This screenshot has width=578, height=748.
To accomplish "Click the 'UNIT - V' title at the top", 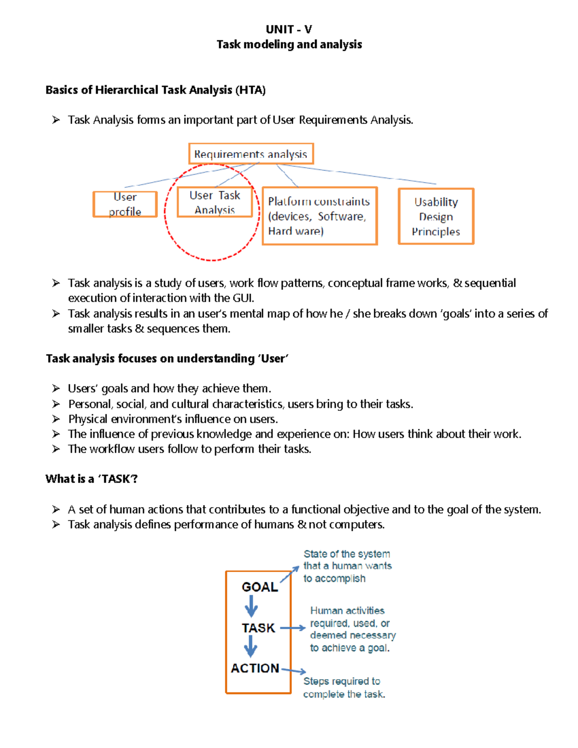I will pyautogui.click(x=289, y=29).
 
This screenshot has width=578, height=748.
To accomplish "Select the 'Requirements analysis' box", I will pyautogui.click(x=251, y=154).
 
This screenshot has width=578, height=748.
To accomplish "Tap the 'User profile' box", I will pyautogui.click(x=125, y=204).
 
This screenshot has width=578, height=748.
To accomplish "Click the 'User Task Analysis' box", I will pyautogui.click(x=215, y=202).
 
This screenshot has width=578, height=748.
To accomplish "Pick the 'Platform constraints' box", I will pyautogui.click(x=319, y=216).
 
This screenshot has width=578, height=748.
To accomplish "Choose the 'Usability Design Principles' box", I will pyautogui.click(x=436, y=216).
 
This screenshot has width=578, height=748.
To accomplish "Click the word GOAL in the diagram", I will pyautogui.click(x=260, y=587).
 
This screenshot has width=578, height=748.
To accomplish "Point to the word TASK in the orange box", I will pyautogui.click(x=259, y=628).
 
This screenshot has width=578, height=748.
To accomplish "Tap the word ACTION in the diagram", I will pyautogui.click(x=255, y=668).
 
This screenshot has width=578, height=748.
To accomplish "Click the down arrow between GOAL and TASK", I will pyautogui.click(x=251, y=606).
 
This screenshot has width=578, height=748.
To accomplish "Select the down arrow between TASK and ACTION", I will pyautogui.click(x=250, y=647).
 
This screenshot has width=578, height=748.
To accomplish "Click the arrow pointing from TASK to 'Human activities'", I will pyautogui.click(x=293, y=628).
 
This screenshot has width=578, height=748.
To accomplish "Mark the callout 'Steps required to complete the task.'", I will pyautogui.click(x=344, y=688).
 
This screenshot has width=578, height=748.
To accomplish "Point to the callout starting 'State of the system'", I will pyautogui.click(x=347, y=566).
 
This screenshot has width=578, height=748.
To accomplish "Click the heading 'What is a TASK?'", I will pyautogui.click(x=92, y=479).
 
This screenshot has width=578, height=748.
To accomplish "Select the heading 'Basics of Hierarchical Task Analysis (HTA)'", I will pyautogui.click(x=156, y=90).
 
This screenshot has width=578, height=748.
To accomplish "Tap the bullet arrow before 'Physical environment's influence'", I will pyautogui.click(x=56, y=419).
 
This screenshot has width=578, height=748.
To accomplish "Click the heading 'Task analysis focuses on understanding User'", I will pyautogui.click(x=167, y=358).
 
